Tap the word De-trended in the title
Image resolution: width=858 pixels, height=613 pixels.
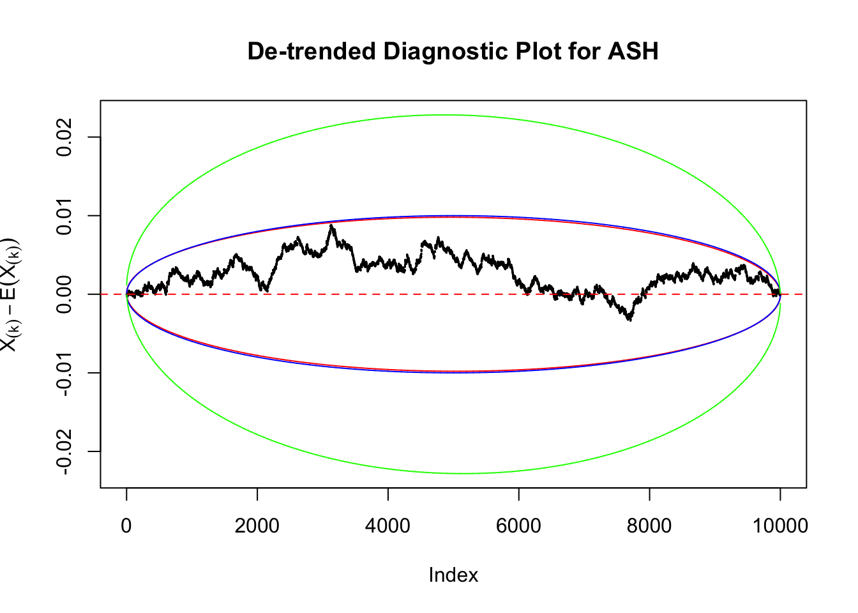point(311,51)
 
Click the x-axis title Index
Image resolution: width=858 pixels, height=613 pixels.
point(453,575)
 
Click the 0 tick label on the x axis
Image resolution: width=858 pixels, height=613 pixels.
point(126,526)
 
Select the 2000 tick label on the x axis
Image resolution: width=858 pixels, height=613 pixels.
point(257,526)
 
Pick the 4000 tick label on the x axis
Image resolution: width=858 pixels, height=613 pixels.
point(388,526)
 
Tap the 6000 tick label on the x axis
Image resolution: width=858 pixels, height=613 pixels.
point(519,526)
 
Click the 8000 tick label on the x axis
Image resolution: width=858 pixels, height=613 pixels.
point(649,526)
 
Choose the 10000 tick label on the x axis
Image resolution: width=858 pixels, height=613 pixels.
point(780,526)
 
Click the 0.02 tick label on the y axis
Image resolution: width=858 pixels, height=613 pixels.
point(64,137)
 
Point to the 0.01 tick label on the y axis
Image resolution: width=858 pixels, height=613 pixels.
point(64,216)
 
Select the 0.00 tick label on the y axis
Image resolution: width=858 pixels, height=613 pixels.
point(64,294)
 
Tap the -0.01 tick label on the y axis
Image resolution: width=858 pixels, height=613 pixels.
point(64,373)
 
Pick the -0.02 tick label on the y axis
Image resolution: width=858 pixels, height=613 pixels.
point(64,451)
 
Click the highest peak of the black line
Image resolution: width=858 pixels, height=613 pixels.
point(331,225)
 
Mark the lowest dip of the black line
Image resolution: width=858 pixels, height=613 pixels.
point(630,319)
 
